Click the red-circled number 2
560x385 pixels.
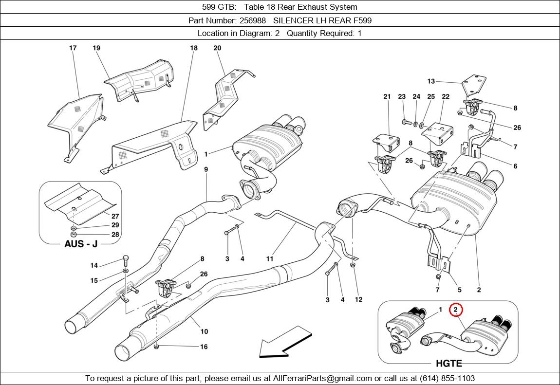pyautogui.click(x=456, y=310)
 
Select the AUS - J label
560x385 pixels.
pyautogui.click(x=81, y=244)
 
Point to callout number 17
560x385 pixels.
pyautogui.click(x=73, y=48)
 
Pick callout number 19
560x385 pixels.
pyautogui.click(x=96, y=48)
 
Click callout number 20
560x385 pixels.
pyautogui.click(x=217, y=48)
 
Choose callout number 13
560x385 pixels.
pyautogui.click(x=431, y=81)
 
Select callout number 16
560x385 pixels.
pyautogui.click(x=204, y=347)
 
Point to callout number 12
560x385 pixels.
pyautogui.click(x=358, y=299)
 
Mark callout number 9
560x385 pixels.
pyautogui.click(x=206, y=169)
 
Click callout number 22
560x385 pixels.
pyautogui.click(x=445, y=97)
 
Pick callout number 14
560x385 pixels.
pyautogui.click(x=94, y=265)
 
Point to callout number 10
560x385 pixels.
pyautogui.click(x=204, y=331)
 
